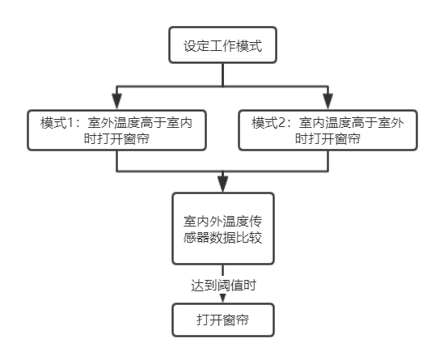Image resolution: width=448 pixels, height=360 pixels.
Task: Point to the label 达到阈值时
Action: click(x=223, y=286)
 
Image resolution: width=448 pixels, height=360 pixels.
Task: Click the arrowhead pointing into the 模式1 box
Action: click(x=116, y=101)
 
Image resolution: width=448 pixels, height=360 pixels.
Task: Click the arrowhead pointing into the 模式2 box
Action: click(x=328, y=101)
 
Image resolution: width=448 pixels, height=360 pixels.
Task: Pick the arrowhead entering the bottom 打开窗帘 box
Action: click(x=223, y=299)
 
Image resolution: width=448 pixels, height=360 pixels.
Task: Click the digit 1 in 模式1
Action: click(x=70, y=123)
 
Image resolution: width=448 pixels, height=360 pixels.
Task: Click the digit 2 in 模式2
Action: click(x=281, y=123)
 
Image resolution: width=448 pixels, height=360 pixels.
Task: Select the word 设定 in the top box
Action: click(x=197, y=46)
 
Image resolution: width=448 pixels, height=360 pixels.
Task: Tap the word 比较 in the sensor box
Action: click(x=249, y=237)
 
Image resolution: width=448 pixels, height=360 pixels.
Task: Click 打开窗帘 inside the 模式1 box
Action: click(x=123, y=139)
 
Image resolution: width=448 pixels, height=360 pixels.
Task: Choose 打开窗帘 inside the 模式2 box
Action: click(x=334, y=139)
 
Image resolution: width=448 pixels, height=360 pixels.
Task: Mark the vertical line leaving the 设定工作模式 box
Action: click(x=223, y=74)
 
